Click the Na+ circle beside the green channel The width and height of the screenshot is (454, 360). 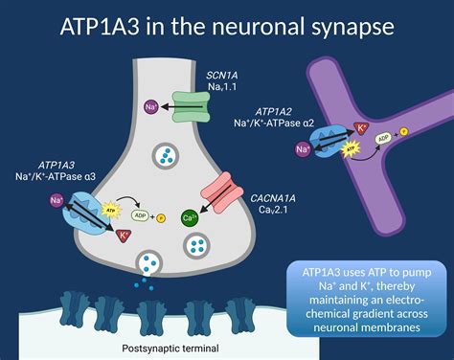point(150,107)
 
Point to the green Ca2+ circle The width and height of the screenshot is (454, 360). point(190,217)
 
